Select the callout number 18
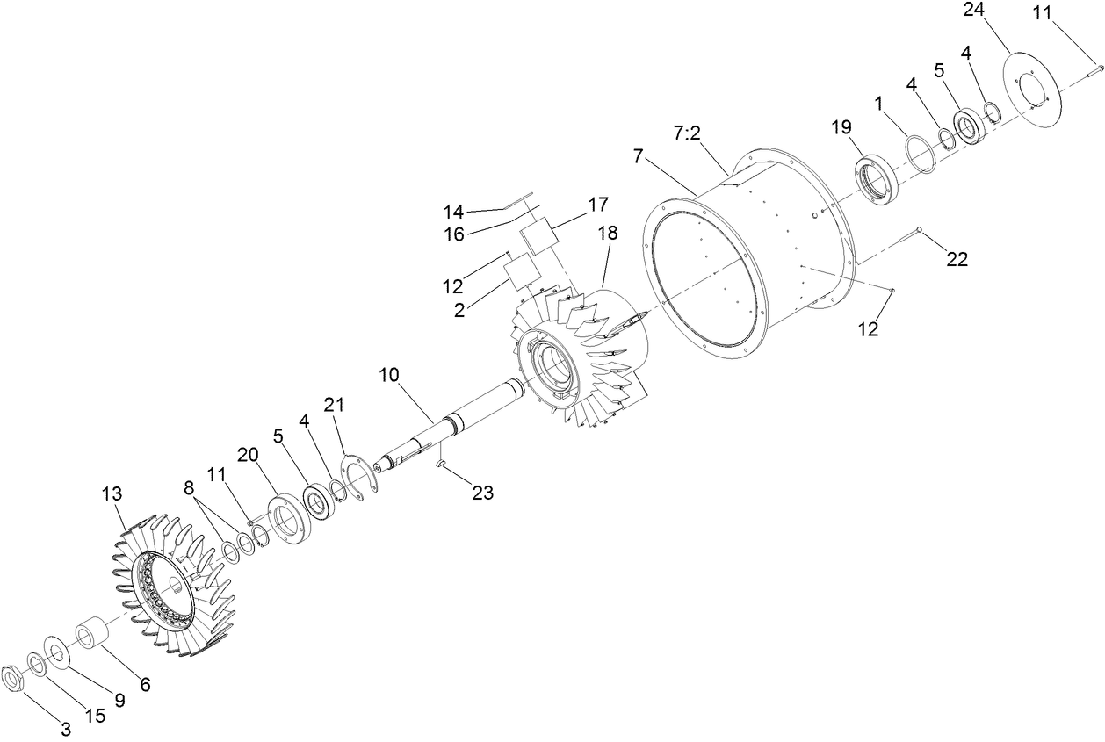pos(607,234)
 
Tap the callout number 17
pos(597,205)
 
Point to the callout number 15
pos(95,716)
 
